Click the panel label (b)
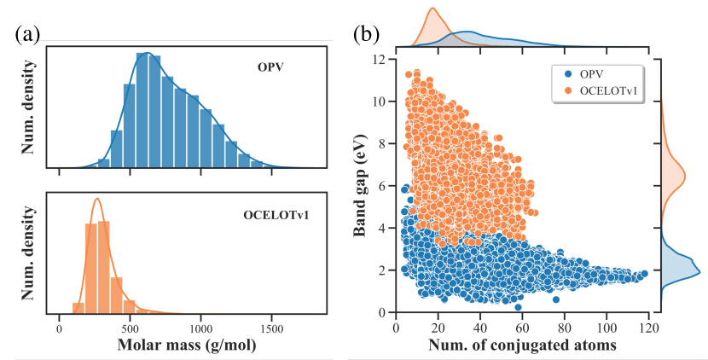tap(367, 35)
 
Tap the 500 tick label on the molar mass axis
tap(130, 328)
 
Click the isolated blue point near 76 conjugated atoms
tap(556, 299)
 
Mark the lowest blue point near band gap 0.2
tap(518, 307)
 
